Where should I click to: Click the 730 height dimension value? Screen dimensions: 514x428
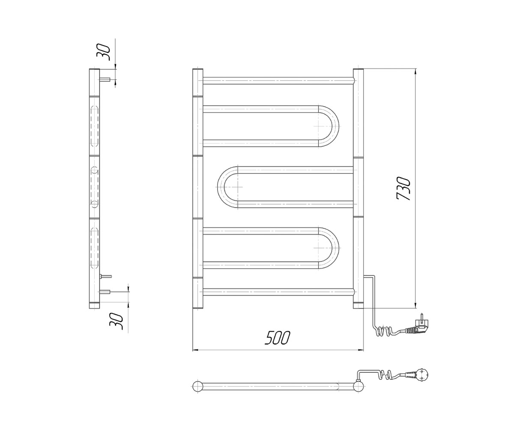pyautogui.click(x=404, y=188)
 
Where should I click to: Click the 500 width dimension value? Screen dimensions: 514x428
pyautogui.click(x=278, y=338)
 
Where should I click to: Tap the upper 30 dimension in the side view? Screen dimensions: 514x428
pyautogui.click(x=103, y=52)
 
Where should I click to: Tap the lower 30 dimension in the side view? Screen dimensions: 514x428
pyautogui.click(x=117, y=321)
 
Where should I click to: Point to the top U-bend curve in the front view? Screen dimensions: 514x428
pyautogui.click(x=329, y=126)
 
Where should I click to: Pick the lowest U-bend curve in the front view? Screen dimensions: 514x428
pyautogui.click(x=329, y=248)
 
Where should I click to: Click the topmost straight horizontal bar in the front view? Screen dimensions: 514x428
pyautogui.click(x=278, y=81)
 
